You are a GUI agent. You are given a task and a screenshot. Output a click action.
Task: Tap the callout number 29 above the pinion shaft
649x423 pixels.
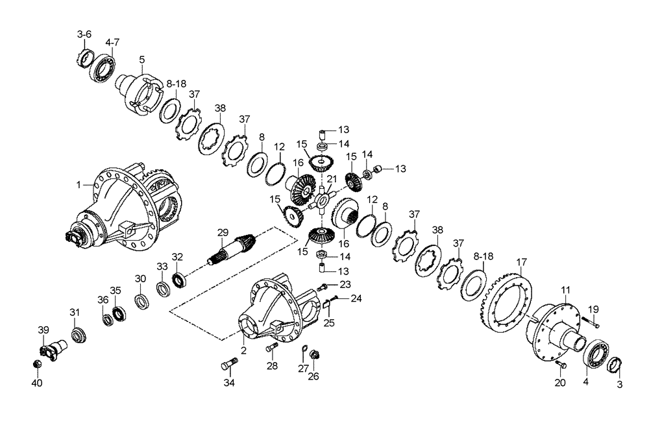223,232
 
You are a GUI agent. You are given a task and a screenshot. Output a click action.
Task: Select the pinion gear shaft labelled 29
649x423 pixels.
232,250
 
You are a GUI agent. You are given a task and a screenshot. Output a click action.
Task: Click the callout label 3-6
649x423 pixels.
85,34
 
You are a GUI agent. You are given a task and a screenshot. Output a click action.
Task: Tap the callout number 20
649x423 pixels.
560,382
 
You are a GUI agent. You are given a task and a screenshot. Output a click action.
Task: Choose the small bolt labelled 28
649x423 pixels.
272,349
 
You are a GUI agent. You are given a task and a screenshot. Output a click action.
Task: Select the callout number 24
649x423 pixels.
356,299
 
